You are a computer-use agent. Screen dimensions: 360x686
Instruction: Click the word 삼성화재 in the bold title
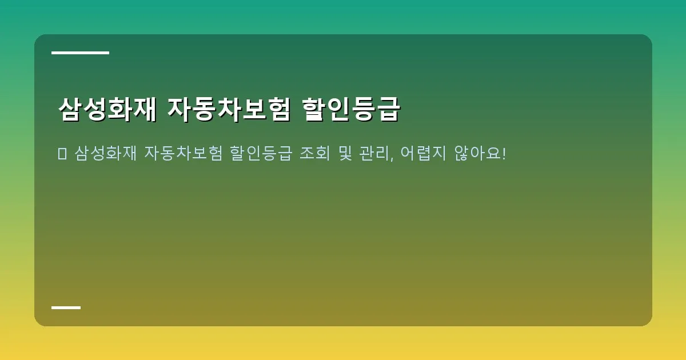coord(107,110)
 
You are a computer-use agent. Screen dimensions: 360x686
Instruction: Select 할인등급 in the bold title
coord(351,110)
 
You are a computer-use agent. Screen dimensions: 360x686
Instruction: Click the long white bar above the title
coord(80,53)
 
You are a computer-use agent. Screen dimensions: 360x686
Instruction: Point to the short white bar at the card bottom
coord(66,307)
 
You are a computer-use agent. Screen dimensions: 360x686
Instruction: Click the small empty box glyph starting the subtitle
coord(62,154)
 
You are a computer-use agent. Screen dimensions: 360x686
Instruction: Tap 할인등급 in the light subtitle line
coord(261,154)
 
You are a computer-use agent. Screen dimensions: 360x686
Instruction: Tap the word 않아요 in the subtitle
coord(478,154)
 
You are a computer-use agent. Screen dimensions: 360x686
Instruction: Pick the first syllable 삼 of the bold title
coord(70,110)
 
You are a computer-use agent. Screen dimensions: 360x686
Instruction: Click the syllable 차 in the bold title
coord(229,110)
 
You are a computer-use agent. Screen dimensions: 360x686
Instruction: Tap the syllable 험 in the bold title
coord(278,110)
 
